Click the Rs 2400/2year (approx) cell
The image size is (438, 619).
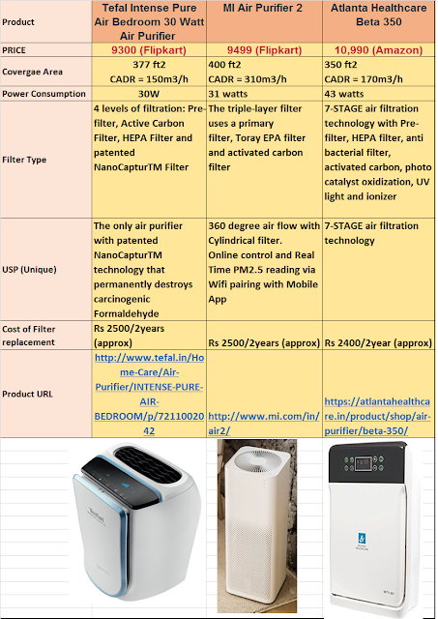(x=377, y=342)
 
